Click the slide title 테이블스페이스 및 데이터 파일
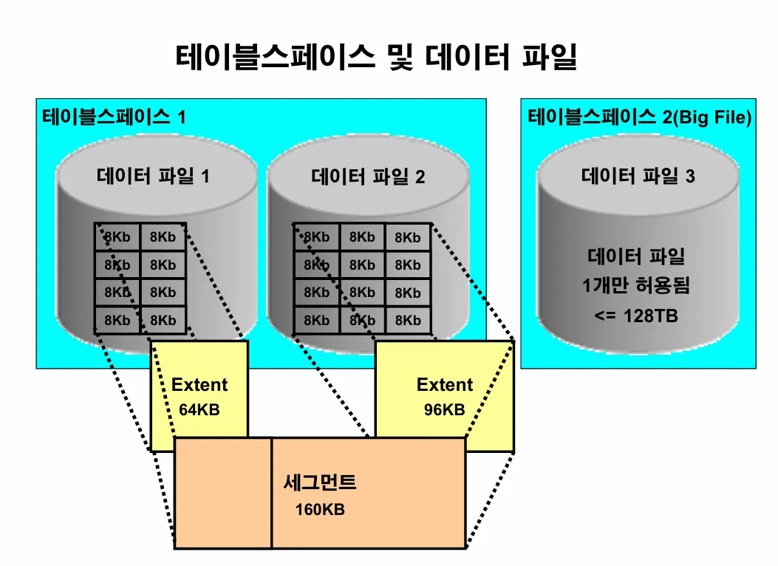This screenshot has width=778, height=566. pyautogui.click(x=376, y=57)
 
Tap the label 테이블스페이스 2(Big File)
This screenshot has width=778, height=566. pyautogui.click(x=638, y=117)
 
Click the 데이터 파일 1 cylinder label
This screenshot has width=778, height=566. pyautogui.click(x=153, y=177)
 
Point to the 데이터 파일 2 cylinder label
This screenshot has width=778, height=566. pyautogui.click(x=368, y=177)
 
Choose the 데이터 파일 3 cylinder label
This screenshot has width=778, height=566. pyautogui.click(x=638, y=177)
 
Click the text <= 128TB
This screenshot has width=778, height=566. pyautogui.click(x=636, y=316)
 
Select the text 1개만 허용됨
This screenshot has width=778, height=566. pyautogui.click(x=636, y=285)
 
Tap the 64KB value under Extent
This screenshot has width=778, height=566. pyautogui.click(x=199, y=409)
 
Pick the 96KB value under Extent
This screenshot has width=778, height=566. pyautogui.click(x=445, y=409)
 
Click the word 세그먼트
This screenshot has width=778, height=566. pyautogui.click(x=320, y=483)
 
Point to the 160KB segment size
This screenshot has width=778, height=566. pyautogui.click(x=320, y=510)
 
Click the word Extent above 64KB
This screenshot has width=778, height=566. pyautogui.click(x=199, y=385)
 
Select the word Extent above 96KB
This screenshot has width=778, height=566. pyautogui.click(x=445, y=385)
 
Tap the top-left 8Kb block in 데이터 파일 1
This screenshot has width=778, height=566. pyautogui.click(x=117, y=237)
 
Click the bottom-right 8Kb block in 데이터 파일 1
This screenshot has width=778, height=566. pyautogui.click(x=163, y=321)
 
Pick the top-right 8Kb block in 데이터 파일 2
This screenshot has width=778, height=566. pyautogui.click(x=407, y=237)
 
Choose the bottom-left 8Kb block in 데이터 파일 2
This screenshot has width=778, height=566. pyautogui.click(x=316, y=321)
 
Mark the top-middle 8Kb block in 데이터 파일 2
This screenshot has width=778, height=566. pyautogui.click(x=362, y=237)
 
